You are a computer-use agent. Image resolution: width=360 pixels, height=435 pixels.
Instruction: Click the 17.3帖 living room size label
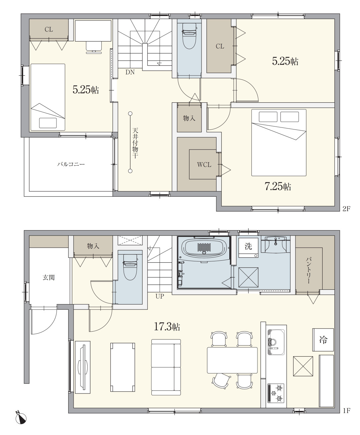[167, 327]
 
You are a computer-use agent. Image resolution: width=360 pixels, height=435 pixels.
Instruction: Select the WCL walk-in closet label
[204, 165]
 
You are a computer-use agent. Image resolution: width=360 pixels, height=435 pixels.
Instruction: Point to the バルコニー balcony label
[71, 164]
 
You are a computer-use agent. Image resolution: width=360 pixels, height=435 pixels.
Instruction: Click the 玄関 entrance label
[49, 277]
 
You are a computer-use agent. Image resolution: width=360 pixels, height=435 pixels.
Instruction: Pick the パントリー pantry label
[308, 270]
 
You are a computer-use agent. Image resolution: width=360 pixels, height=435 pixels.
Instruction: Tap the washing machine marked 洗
[248, 248]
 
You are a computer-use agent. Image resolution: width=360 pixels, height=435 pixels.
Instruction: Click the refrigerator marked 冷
[323, 340]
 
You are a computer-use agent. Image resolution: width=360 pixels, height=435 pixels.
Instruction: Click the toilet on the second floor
[190, 36]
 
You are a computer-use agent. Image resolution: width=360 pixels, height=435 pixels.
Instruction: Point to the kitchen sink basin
[276, 342]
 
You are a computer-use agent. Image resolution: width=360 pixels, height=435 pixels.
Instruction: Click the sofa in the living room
[166, 367]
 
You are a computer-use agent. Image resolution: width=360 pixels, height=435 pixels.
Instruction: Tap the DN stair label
[130, 72]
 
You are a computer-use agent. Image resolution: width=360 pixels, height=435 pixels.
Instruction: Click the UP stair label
[159, 296]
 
